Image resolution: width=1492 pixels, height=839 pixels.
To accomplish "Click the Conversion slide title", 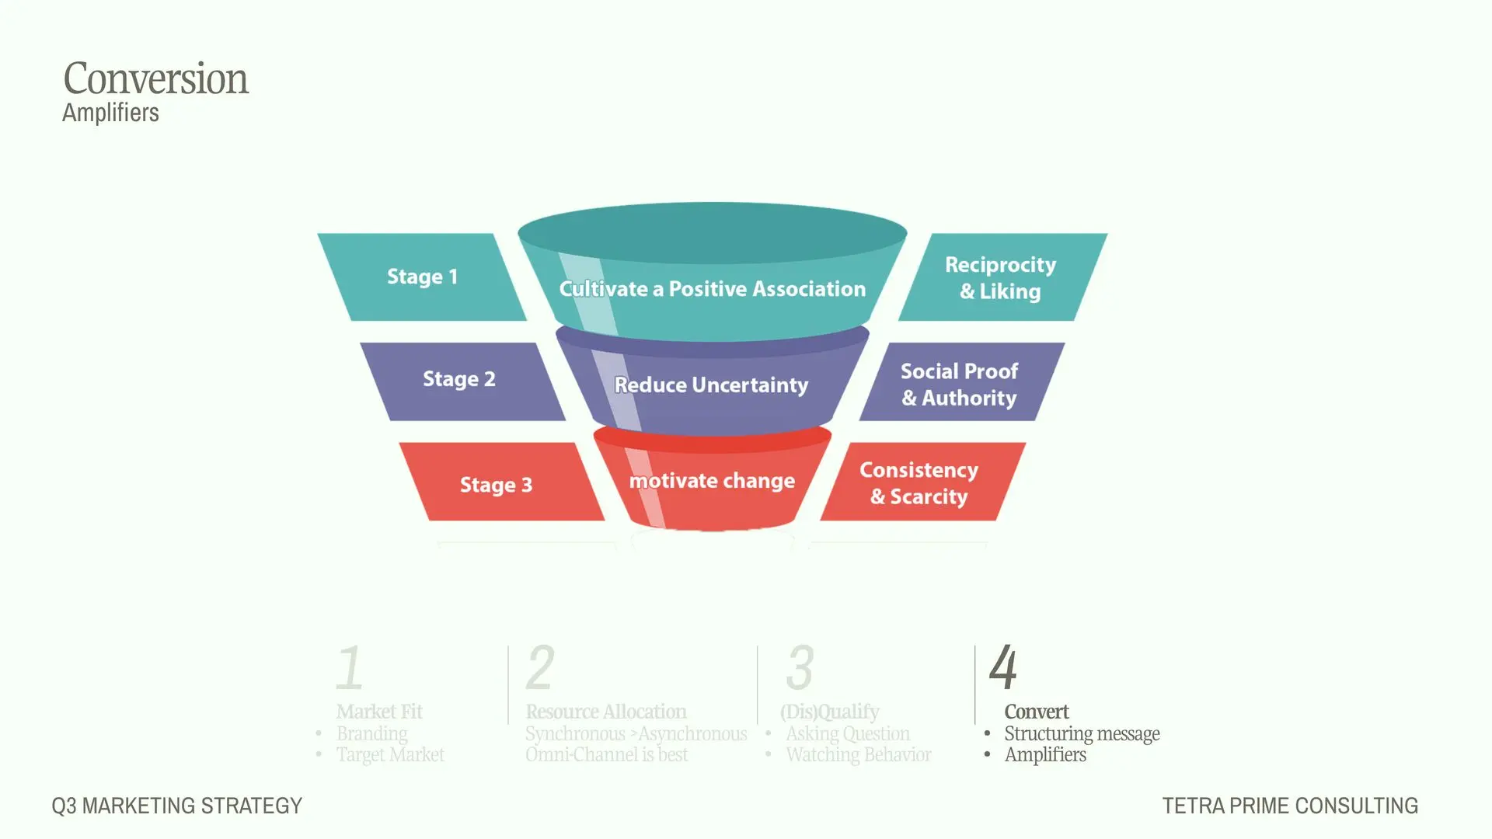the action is [x=155, y=78].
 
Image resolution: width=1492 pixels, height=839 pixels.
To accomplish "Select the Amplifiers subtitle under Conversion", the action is [x=110, y=113].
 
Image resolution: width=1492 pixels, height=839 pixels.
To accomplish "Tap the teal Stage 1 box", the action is [x=422, y=277].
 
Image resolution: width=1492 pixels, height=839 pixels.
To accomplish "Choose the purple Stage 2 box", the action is [x=462, y=381].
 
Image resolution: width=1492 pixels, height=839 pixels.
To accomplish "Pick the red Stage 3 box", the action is [x=501, y=482].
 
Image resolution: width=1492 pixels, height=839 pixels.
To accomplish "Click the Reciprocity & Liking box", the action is [x=1002, y=277].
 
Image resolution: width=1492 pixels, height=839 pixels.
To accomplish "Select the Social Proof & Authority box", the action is [x=962, y=381].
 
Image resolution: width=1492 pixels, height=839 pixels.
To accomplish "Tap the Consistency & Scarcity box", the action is [x=923, y=482].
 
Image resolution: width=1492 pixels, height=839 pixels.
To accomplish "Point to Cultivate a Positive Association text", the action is [x=712, y=289].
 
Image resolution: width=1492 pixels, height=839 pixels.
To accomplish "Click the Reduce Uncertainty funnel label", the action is [x=711, y=385].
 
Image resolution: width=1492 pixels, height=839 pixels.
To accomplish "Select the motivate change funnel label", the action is [x=712, y=481].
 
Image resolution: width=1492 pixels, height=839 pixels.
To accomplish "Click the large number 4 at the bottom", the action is [x=1003, y=667].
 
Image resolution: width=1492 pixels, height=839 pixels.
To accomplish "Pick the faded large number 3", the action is [x=800, y=667].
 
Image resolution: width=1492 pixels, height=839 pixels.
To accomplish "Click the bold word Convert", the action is [x=1037, y=712].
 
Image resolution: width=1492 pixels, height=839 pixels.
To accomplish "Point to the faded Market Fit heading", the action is [x=379, y=712].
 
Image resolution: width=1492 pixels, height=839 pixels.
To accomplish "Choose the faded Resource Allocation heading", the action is [x=606, y=712].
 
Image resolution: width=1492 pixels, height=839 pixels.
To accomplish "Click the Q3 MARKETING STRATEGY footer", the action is [x=177, y=806].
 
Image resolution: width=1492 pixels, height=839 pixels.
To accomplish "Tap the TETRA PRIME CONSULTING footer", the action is [x=1290, y=806].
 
